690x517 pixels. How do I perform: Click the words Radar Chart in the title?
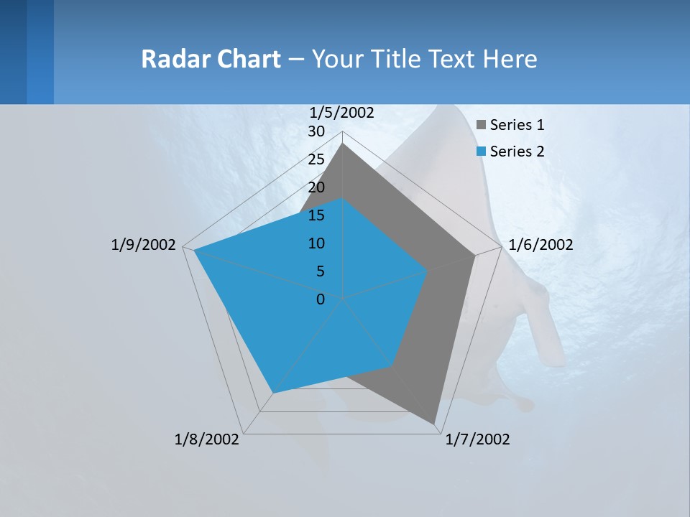[x=211, y=59]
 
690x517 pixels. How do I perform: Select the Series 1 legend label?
[x=517, y=125]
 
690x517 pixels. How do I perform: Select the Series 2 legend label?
[x=517, y=152]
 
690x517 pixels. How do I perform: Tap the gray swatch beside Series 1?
[x=482, y=126]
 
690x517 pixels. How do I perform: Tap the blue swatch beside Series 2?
[x=482, y=152]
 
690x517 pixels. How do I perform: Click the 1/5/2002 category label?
[x=342, y=113]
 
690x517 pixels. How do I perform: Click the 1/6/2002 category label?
[x=540, y=245]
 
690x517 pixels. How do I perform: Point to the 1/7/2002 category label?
[x=477, y=439]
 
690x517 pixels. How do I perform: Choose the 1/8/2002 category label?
[x=207, y=439]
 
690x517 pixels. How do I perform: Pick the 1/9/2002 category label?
[x=143, y=245]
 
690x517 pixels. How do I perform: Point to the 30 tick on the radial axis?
[x=316, y=132]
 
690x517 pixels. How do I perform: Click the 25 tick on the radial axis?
[x=316, y=159]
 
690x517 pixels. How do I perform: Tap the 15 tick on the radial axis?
[x=316, y=215]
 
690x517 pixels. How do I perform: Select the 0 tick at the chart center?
[x=321, y=299]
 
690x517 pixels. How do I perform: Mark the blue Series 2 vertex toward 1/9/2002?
[x=194, y=251]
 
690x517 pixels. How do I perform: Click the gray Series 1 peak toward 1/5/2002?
[x=342, y=144]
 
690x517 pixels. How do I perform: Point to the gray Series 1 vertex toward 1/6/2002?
[x=474, y=255]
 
